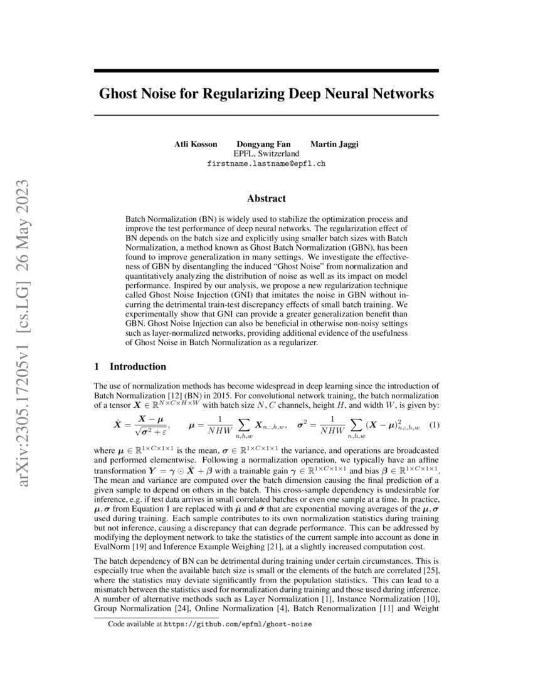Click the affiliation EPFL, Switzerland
coord(266,153)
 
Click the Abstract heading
coord(266,199)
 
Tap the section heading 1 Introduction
coord(130,366)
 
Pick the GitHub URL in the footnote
coord(238,624)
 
